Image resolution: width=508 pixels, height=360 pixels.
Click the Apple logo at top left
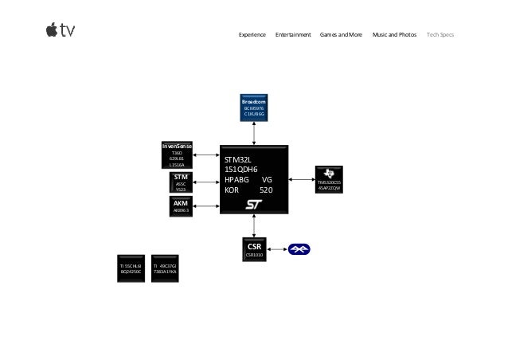[52, 30]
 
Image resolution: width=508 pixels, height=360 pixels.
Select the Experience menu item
[252, 35]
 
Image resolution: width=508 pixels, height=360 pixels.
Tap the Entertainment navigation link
[292, 35]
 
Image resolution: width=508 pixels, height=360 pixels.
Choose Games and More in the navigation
[341, 35]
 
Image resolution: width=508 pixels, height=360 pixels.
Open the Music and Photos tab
[394, 35]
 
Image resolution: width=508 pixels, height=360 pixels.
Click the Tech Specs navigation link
[440, 35]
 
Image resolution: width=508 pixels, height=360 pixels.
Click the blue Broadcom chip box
[254, 108]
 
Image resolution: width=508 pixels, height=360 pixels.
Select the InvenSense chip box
[177, 155]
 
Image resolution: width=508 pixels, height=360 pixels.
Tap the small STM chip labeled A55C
[181, 182]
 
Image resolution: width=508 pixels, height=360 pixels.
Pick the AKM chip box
[181, 207]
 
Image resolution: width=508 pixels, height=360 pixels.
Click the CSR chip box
[254, 250]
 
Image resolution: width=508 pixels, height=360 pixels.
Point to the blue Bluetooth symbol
[299, 250]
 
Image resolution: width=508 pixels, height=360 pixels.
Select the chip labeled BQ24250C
[131, 268]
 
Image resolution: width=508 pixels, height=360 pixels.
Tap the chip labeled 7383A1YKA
[165, 268]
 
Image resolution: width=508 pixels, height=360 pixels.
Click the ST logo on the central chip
[254, 205]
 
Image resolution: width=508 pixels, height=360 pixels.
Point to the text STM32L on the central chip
[238, 160]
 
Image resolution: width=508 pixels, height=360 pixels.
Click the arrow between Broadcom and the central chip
[254, 133]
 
